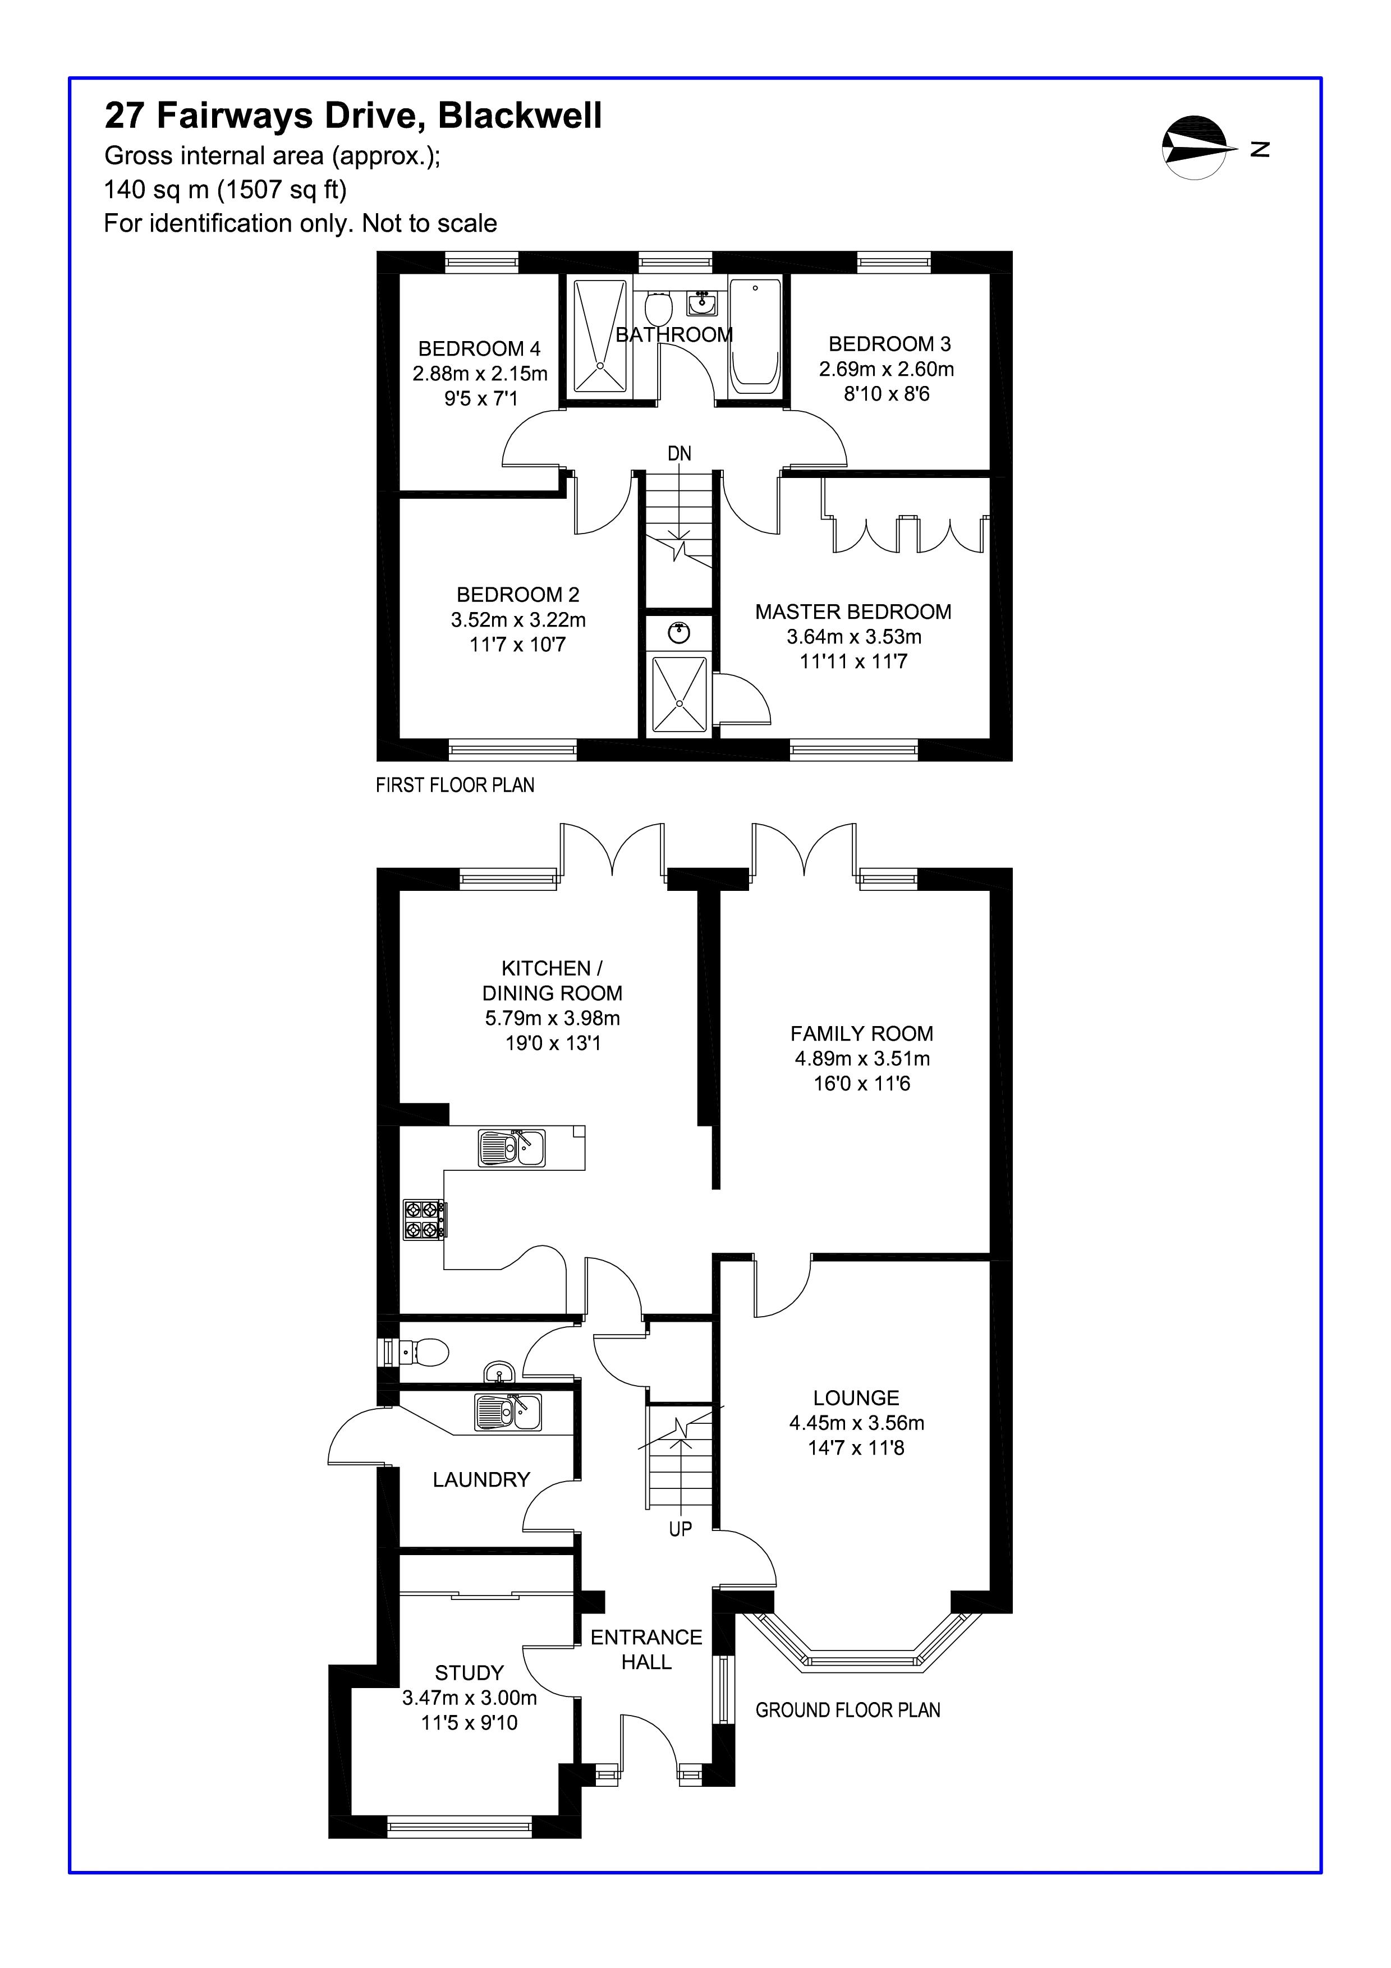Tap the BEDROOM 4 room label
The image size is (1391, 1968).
(479, 349)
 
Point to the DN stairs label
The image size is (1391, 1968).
(680, 453)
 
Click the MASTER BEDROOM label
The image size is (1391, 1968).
(853, 612)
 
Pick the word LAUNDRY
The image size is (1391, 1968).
(481, 1479)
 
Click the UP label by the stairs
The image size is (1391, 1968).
(681, 1528)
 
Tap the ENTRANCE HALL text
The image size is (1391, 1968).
(646, 1649)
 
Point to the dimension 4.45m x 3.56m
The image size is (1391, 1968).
(856, 1423)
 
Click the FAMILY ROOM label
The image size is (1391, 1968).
(861, 1034)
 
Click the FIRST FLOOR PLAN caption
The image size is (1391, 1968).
(455, 785)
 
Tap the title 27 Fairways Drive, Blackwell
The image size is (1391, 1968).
(353, 115)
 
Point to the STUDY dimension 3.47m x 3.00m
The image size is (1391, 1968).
(470, 1698)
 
